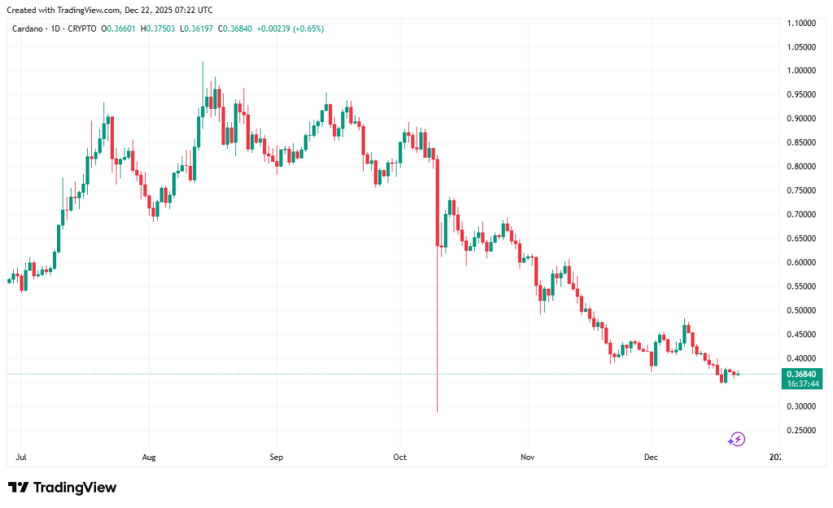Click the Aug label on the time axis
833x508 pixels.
[x=148, y=458]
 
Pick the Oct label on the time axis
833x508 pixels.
[x=399, y=458]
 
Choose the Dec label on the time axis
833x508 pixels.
[x=652, y=458]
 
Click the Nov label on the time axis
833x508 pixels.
[x=528, y=458]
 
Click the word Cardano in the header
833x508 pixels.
[x=30, y=28]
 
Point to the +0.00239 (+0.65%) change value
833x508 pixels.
[x=290, y=28]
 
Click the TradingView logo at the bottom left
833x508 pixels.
[x=63, y=488]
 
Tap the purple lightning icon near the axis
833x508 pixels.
[x=736, y=439]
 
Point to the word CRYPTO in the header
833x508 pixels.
[x=82, y=28]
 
